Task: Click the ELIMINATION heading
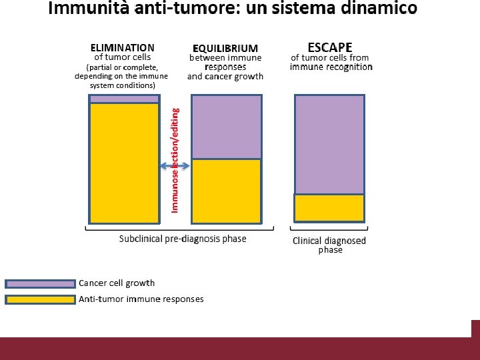[x=123, y=48]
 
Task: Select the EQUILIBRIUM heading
[x=225, y=49]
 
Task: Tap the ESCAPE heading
[x=329, y=47]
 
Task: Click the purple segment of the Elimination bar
[x=125, y=99]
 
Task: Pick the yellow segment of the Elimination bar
[x=125, y=163]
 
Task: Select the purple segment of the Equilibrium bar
[x=227, y=127]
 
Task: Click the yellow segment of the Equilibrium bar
[x=227, y=191]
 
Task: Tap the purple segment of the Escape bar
[x=329, y=144]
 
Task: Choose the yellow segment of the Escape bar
[x=329, y=207]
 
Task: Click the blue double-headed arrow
[x=175, y=166]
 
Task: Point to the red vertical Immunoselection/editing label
[x=175, y=160]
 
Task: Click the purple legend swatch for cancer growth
[x=40, y=283]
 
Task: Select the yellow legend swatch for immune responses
[x=40, y=299]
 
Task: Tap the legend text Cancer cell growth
[x=117, y=283]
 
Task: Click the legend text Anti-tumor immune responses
[x=141, y=299]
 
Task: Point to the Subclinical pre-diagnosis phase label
[x=183, y=239]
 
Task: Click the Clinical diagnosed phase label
[x=329, y=245]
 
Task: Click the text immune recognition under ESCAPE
[x=331, y=67]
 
